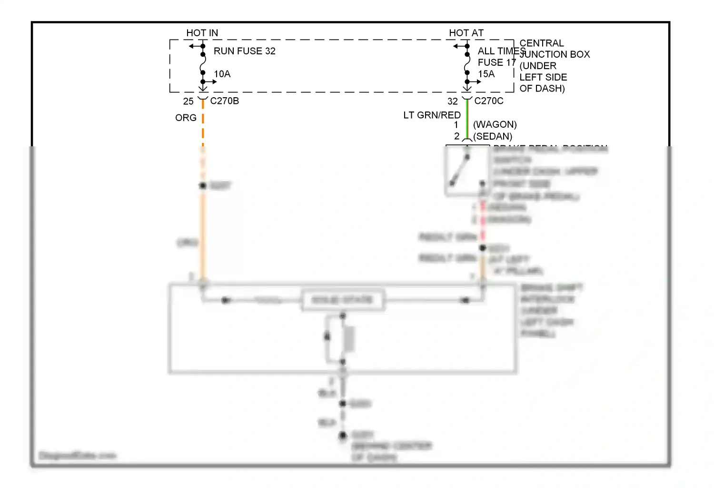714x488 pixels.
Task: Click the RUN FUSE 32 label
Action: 244,51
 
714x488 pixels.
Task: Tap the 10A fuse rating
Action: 222,74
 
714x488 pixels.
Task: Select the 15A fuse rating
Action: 486,74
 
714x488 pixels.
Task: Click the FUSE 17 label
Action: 496,62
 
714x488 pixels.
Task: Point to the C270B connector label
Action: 224,101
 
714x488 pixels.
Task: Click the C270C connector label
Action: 488,101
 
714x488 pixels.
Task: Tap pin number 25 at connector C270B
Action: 188,102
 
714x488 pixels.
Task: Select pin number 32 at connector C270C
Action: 452,102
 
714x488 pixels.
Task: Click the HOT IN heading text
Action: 202,33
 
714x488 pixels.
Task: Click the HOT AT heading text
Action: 466,33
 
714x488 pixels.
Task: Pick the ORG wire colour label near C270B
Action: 186,118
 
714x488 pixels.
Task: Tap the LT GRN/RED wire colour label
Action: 432,115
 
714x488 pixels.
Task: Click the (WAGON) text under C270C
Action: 495,124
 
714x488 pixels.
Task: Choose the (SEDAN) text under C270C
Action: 493,136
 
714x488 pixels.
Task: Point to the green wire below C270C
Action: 467,119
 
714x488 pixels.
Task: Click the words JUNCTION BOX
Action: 555,54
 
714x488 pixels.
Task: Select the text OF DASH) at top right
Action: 542,88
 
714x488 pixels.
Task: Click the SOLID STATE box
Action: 342,300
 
